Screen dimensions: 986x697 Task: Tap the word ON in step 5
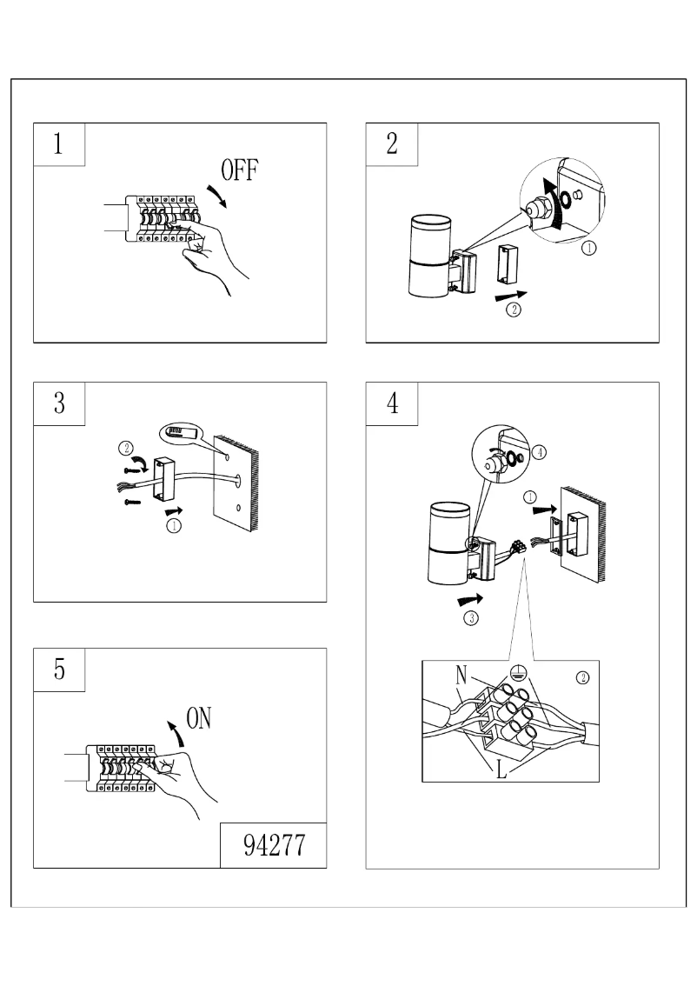pos(199,718)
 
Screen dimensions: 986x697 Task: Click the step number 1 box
pos(59,144)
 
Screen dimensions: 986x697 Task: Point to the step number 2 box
pos(392,144)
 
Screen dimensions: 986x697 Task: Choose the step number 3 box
pos(59,403)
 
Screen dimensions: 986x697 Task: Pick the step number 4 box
pos(392,403)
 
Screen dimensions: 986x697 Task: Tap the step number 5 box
pos(59,670)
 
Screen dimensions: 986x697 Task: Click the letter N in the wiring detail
pos(461,675)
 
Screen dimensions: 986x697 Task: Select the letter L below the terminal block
pos(501,771)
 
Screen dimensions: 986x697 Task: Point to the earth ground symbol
pos(519,671)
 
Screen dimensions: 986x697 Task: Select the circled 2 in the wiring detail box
pos(582,678)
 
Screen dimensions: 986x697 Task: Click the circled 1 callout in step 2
pos(588,248)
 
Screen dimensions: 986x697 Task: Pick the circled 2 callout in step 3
pos(126,450)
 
